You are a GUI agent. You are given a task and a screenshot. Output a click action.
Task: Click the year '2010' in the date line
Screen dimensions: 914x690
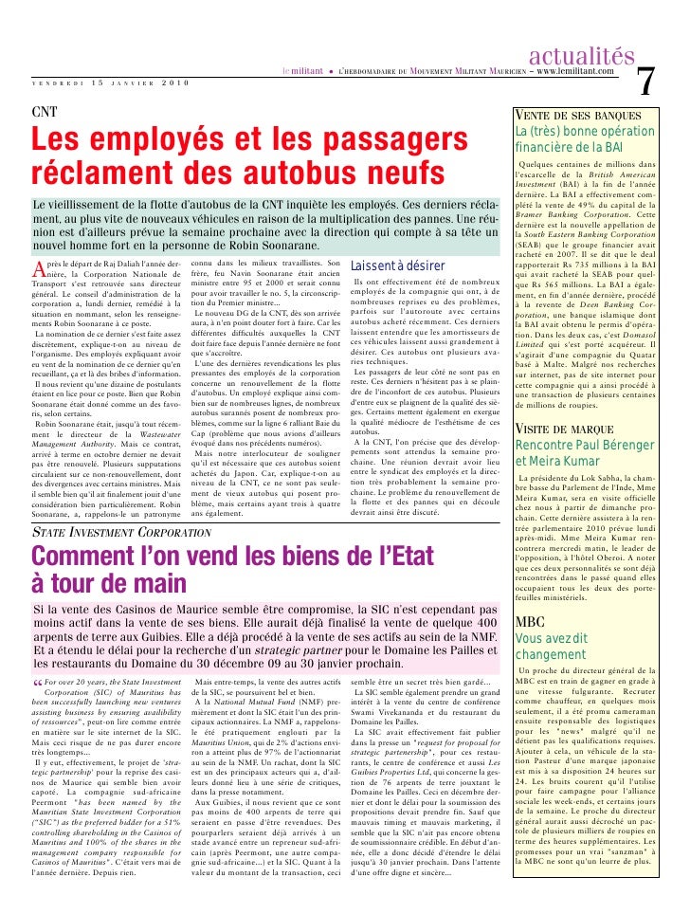point(169,85)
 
